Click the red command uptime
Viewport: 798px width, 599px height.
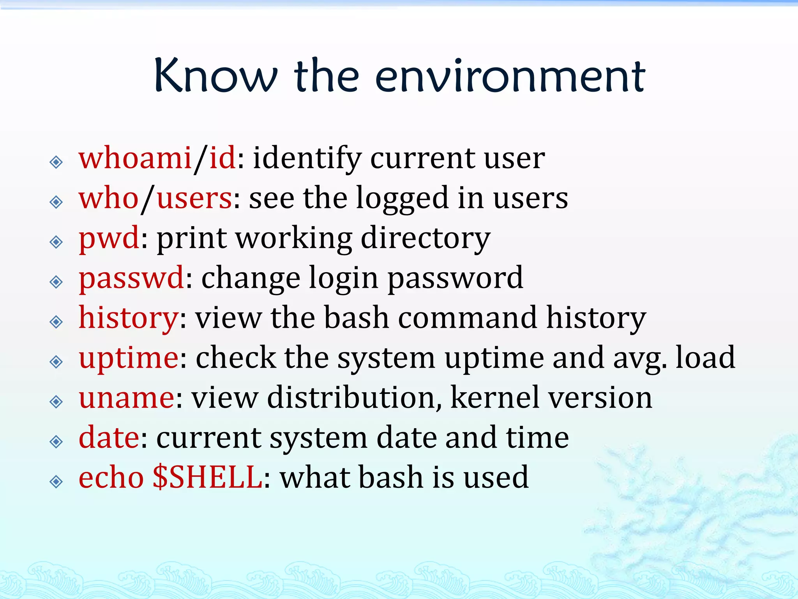pos(129,358)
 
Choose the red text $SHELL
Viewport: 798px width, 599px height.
pos(208,477)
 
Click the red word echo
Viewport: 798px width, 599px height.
pos(111,477)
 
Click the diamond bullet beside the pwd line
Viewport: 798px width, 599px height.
pos(56,242)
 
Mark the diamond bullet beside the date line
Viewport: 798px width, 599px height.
pos(56,442)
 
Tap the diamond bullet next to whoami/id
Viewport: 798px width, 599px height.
pos(56,162)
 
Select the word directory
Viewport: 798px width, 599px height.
pos(425,238)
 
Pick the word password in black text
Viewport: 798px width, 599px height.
pos(455,278)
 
